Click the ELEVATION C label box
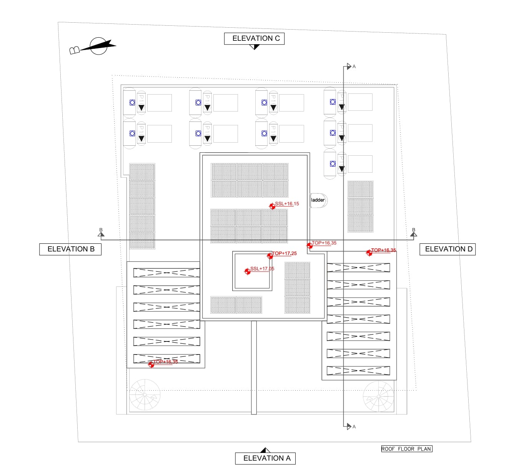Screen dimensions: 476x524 click(254, 38)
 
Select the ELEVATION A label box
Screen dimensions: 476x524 click(265, 458)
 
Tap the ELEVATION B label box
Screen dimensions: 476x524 click(70, 249)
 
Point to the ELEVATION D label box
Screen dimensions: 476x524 click(447, 249)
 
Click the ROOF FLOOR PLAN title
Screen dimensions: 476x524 click(406, 449)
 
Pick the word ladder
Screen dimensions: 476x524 click(318, 200)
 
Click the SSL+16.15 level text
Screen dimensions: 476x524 click(287, 204)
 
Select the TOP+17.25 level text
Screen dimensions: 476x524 click(284, 253)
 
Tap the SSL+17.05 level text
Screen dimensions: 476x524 click(262, 269)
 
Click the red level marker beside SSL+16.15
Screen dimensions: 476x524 click(273, 206)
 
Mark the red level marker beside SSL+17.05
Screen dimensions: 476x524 click(248, 271)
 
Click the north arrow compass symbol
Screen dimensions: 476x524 click(98, 46)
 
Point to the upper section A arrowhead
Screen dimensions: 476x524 click(349, 67)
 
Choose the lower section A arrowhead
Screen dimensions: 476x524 click(349, 426)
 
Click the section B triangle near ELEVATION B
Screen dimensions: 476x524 click(101, 234)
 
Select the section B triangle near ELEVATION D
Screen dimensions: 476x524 click(414, 234)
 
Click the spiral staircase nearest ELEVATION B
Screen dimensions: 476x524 click(145, 394)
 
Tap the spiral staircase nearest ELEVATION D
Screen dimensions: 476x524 click(378, 396)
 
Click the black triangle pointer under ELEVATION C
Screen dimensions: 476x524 click(254, 47)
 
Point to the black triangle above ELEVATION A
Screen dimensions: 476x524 click(265, 450)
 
